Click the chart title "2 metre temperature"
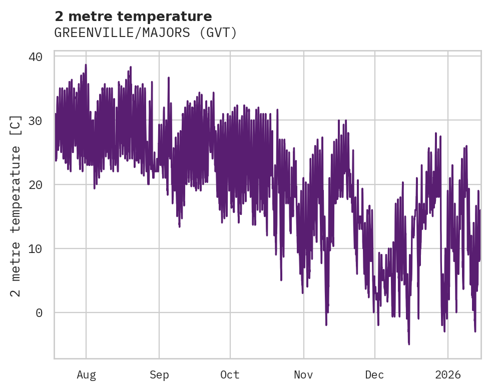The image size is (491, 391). [133, 16]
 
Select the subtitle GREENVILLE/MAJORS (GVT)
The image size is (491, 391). [145, 33]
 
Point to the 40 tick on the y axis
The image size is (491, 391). [35, 56]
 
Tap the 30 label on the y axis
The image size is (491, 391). [35, 120]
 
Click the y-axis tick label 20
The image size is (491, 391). [35, 184]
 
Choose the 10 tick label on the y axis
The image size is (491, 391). [35, 248]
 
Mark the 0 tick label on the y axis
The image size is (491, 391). [39, 313]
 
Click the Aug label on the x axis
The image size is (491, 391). [86, 375]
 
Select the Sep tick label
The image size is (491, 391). [159, 375]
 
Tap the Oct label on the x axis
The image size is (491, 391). [230, 375]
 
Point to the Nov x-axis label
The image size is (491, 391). [303, 375]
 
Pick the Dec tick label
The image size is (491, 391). [374, 375]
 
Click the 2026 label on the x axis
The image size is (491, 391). [448, 375]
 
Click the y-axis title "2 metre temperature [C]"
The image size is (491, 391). [16, 205]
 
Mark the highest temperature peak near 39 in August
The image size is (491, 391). [86, 65]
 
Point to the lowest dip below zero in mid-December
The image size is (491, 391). [409, 343]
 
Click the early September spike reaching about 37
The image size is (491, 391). [169, 78]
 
